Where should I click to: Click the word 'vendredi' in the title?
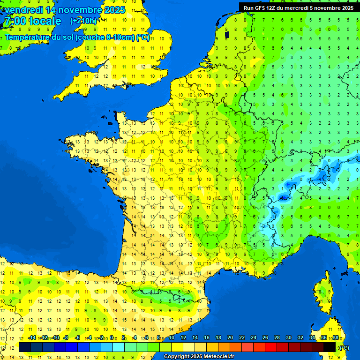(x=23, y=10)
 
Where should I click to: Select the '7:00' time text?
(x=15, y=21)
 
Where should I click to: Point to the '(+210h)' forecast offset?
(x=83, y=21)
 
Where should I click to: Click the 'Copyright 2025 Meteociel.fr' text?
(x=199, y=356)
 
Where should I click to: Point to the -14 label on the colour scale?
(x=32, y=337)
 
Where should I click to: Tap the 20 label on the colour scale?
(x=230, y=337)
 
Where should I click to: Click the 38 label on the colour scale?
(x=335, y=337)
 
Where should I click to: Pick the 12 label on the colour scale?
(x=183, y=337)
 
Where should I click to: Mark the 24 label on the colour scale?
(x=254, y=337)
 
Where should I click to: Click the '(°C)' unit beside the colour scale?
(x=344, y=347)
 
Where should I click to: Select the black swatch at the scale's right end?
(x=330, y=347)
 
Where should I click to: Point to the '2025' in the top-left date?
(x=115, y=10)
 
